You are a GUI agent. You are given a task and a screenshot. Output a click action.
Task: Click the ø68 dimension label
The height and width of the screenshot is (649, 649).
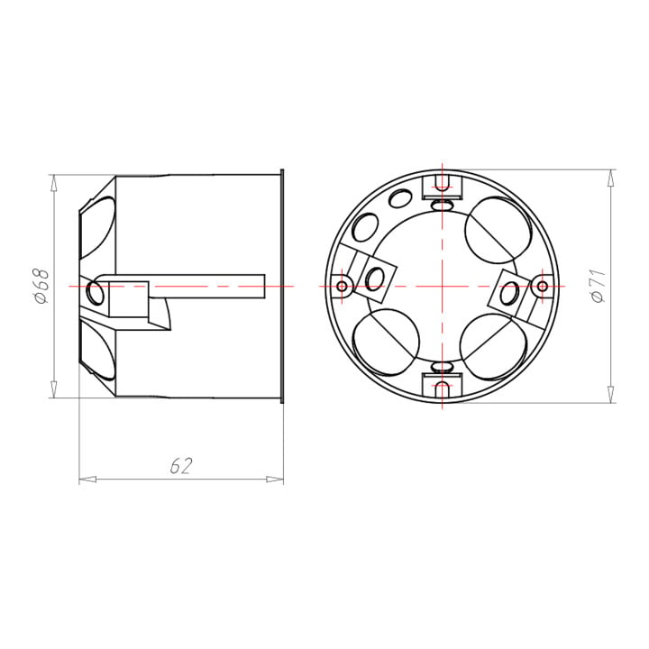tap(41, 286)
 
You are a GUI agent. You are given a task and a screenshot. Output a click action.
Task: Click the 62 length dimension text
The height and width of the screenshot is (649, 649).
tap(181, 466)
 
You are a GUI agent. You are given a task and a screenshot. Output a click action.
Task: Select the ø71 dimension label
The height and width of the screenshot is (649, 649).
tap(599, 287)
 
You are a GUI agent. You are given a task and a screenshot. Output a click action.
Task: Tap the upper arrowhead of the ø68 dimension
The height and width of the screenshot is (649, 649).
tap(53, 183)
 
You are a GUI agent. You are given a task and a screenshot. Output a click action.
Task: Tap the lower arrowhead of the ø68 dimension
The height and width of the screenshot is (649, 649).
tap(53, 389)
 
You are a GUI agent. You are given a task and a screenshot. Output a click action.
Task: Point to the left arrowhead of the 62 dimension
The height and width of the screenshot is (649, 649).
tap(87, 480)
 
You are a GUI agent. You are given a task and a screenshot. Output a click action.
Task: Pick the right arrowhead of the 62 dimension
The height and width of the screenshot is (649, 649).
tap(275, 480)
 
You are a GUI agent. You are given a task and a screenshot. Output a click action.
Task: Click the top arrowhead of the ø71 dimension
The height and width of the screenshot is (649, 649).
tap(611, 178)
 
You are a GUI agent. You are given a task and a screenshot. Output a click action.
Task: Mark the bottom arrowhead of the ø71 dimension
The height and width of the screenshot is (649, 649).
tap(611, 394)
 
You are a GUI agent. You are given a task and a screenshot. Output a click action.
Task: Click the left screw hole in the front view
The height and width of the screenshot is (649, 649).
tap(342, 286)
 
